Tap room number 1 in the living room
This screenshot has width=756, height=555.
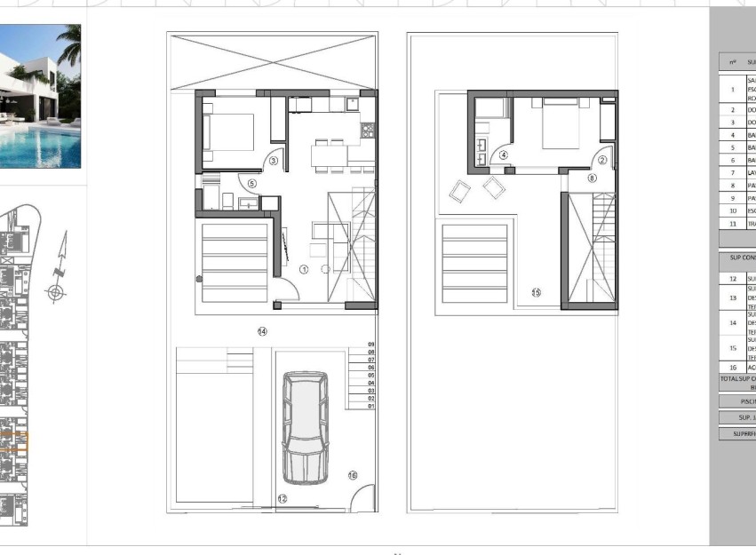(x=303, y=269)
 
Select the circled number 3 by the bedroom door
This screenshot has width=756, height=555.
(x=273, y=161)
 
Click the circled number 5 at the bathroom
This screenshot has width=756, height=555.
(x=251, y=184)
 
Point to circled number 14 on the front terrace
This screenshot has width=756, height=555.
(x=262, y=331)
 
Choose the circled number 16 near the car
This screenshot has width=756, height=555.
(x=353, y=477)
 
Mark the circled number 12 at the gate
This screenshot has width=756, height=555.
(x=283, y=499)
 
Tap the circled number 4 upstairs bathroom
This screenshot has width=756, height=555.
(x=504, y=155)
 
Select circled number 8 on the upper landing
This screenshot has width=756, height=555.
(x=593, y=178)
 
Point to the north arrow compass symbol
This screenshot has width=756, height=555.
(x=57, y=267)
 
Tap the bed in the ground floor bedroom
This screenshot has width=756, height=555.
(x=227, y=133)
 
